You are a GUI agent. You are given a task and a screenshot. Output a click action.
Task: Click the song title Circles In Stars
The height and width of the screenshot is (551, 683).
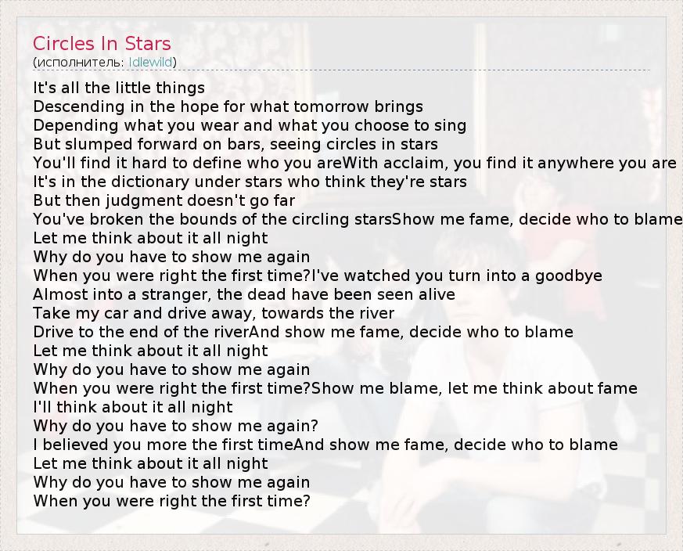pos(102,44)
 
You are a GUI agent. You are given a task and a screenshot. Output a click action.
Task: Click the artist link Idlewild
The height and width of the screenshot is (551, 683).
pos(151,63)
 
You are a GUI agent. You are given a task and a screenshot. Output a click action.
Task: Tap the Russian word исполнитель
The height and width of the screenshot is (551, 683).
pos(81,63)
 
